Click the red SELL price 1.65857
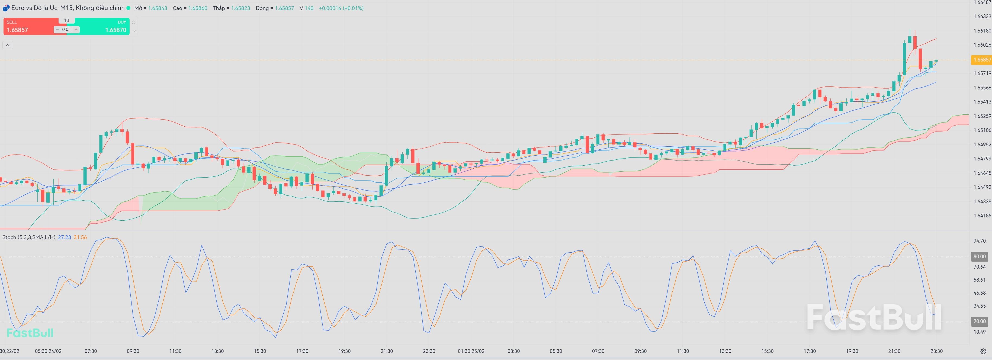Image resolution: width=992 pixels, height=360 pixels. pos(18,30)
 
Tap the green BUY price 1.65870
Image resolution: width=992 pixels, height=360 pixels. pos(115,30)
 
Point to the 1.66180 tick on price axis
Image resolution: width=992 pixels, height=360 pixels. pos(982,30)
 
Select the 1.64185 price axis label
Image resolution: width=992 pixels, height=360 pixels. pos(982,216)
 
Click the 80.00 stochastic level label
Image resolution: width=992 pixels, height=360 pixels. pos(979,256)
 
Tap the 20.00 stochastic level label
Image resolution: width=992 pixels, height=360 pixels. pos(979,322)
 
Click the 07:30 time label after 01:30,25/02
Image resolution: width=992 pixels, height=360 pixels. pos(598,351)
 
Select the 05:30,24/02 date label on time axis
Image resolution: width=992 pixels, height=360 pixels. pos(48,351)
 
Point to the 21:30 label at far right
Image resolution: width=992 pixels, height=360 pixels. pos(894,351)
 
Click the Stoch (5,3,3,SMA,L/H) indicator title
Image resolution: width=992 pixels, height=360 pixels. pos(28,237)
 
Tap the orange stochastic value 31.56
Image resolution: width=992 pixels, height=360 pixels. pos(80,237)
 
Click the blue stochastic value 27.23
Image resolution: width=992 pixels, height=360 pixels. pos(64,237)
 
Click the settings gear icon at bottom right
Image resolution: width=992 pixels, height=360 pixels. pos(983,351)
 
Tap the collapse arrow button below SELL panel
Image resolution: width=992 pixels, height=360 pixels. pos(8,46)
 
